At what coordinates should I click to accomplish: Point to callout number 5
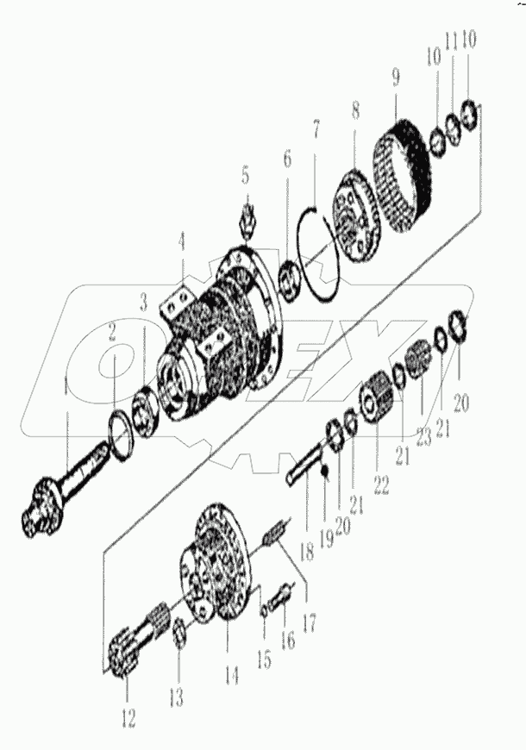click(x=246, y=177)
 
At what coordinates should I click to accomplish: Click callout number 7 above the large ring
click(x=316, y=130)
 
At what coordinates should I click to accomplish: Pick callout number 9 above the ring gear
click(x=396, y=78)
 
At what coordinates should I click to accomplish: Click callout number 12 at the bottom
click(x=128, y=717)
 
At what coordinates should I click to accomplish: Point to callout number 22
click(x=382, y=484)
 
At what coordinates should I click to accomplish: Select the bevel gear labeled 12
click(x=126, y=663)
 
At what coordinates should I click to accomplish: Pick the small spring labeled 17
click(x=275, y=536)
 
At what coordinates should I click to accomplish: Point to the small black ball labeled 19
click(x=324, y=471)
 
